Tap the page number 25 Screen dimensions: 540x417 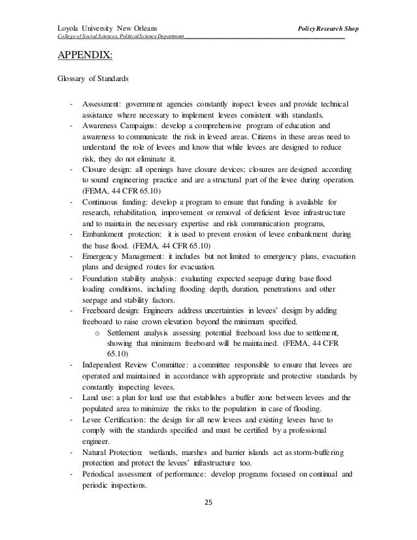coord(208,503)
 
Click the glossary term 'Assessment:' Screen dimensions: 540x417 coord(103,105)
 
